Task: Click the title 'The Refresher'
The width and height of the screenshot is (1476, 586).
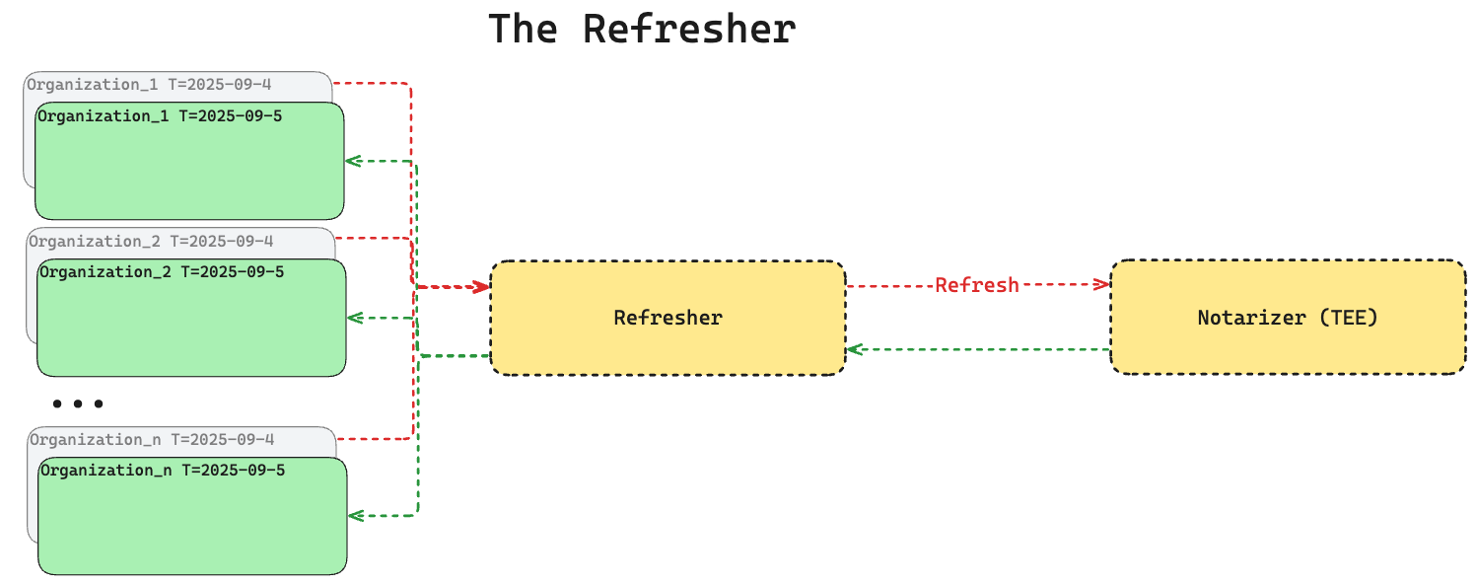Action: point(642,29)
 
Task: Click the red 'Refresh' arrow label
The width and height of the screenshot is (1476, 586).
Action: point(976,285)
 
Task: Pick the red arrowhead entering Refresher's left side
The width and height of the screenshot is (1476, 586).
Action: point(482,287)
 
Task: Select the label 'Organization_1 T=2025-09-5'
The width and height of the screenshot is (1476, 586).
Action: point(160,116)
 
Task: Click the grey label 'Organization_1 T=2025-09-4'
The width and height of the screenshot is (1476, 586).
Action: point(149,84)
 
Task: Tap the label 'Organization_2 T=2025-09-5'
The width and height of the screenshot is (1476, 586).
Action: point(162,271)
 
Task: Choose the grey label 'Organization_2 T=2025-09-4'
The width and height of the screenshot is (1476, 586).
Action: point(151,241)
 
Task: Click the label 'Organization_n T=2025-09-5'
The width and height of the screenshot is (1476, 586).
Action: point(163,470)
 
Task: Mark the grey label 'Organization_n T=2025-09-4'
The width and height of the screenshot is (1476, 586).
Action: point(152,439)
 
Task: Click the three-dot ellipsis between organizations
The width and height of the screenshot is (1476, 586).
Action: point(78,403)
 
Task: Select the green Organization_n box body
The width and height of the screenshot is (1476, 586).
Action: point(192,528)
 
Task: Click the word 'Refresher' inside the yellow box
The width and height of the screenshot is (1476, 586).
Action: point(668,318)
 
